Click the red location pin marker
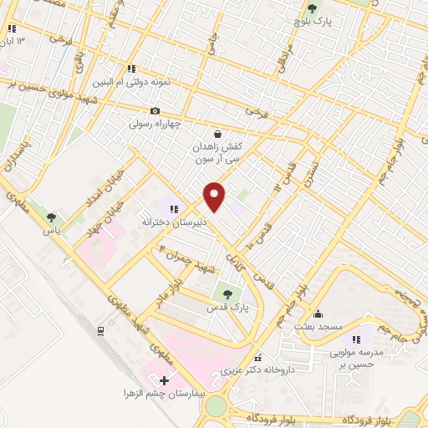click(215, 196)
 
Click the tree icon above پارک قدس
click(224, 293)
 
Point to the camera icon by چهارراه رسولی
click(155, 110)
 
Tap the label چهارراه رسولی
click(155, 124)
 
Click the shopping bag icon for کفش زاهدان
click(218, 133)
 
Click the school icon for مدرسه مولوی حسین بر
click(357, 339)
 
